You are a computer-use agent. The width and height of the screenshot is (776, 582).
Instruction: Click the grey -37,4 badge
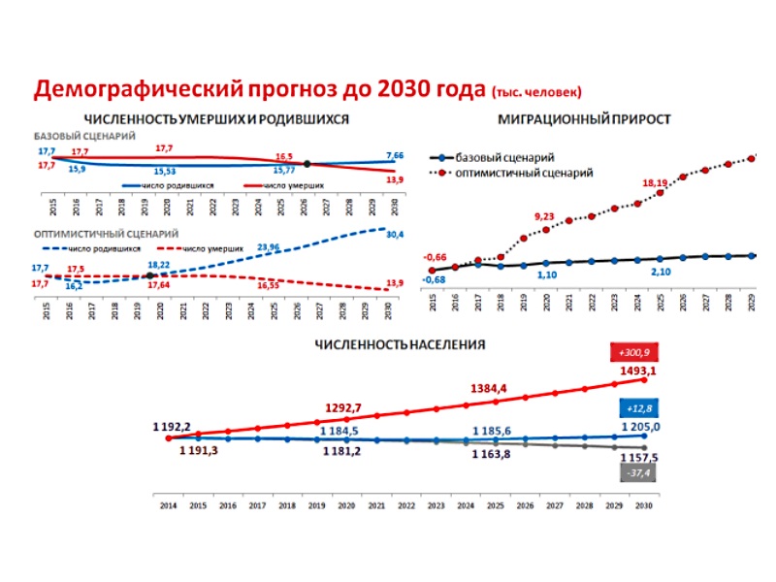coord(631,472)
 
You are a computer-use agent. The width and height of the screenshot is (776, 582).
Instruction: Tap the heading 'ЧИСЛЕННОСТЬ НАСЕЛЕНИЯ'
coord(400,343)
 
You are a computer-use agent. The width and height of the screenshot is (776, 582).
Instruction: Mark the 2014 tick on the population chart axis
coord(168,505)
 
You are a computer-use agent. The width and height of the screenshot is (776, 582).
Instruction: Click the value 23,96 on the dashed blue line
coord(273,247)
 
